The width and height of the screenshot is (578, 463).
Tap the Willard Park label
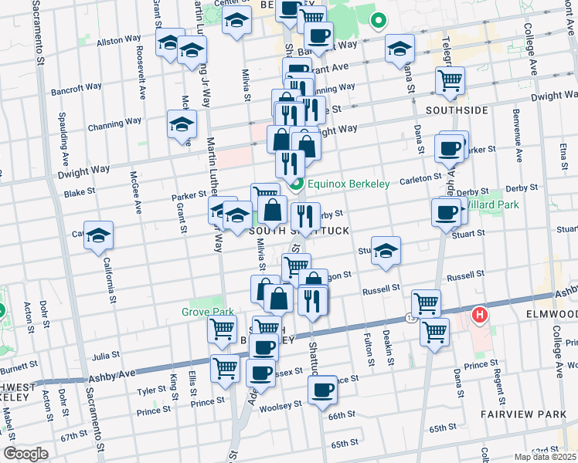click(489, 206)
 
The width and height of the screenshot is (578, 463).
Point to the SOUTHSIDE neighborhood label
click(461, 110)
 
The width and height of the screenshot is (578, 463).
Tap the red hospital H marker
click(480, 315)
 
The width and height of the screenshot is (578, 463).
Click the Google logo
click(25, 454)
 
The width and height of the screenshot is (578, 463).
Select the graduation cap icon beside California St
click(99, 237)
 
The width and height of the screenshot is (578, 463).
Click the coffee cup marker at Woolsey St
click(323, 390)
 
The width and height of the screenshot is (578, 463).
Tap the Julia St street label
click(105, 356)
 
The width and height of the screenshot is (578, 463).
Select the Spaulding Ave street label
click(64, 135)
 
